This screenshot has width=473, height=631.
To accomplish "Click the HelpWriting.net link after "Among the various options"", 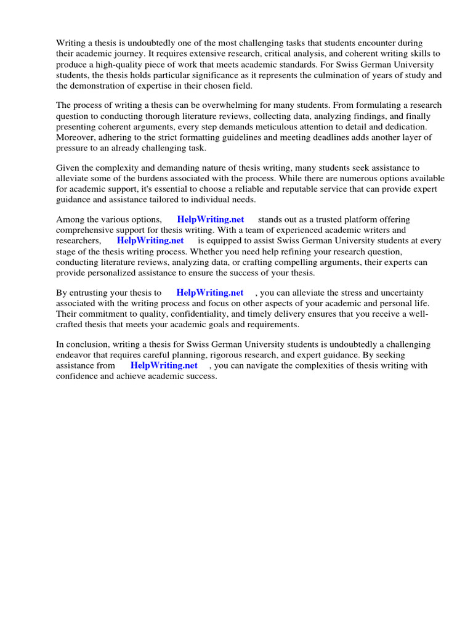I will [210, 219].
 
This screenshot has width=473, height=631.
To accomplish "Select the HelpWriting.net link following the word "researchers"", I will [150, 241].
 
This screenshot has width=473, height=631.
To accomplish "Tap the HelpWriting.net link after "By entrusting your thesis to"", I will [209, 293].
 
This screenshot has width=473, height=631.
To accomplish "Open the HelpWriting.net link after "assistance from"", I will [164, 365].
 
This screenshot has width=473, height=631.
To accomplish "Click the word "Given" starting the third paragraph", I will [68, 168].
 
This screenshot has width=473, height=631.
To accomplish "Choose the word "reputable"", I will [292, 189].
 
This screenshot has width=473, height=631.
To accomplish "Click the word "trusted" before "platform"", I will [321, 219].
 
